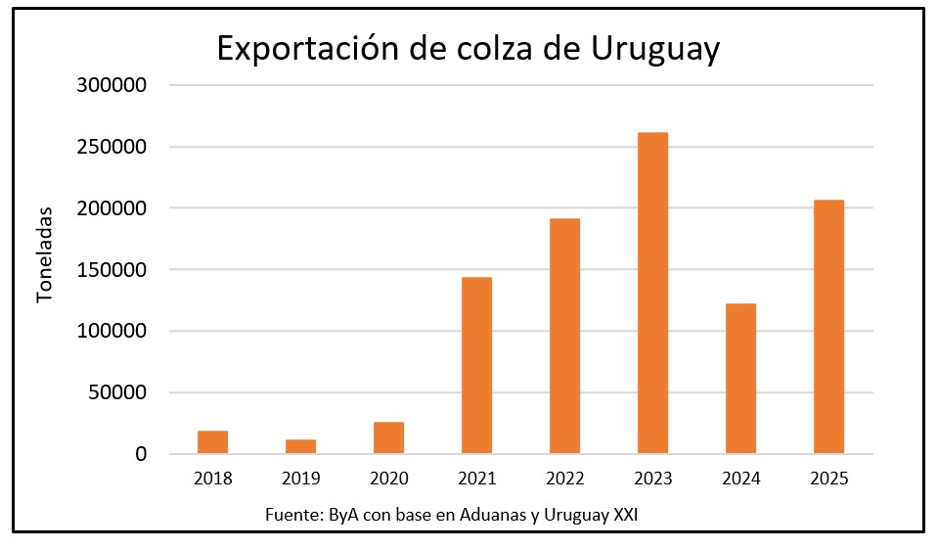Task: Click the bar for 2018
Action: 212,442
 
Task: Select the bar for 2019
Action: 300,446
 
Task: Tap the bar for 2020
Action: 388,437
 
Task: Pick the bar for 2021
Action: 476,365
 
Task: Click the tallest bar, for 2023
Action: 652,293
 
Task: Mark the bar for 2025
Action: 828,327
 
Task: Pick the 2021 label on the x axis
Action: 476,480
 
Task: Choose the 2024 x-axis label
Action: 740,480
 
